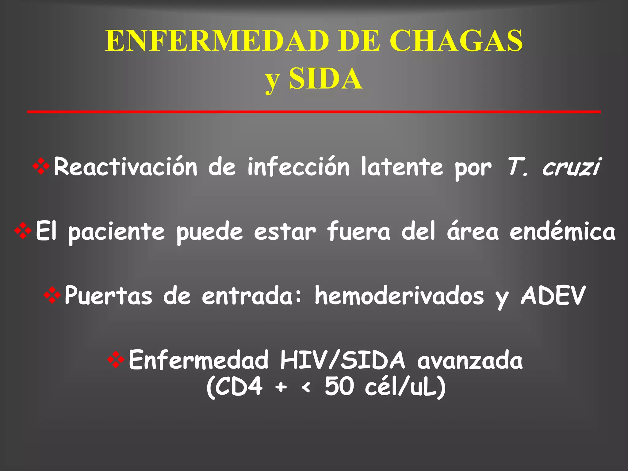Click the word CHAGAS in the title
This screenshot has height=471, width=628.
coord(456,41)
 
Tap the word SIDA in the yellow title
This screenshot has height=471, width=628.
coord(325,79)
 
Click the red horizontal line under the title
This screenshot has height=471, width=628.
coord(314,112)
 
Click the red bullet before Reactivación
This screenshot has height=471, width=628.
coord(41,167)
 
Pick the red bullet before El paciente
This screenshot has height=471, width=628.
coord(23,231)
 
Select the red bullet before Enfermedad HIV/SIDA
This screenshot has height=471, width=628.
coord(116,360)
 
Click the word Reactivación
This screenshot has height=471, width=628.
coord(125,167)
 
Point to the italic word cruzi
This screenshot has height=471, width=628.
coord(571,167)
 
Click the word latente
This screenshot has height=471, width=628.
coord(402,167)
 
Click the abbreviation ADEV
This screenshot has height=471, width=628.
coord(553,296)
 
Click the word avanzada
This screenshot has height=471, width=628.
coord(470,360)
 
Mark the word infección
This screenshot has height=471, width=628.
coord(299,167)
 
